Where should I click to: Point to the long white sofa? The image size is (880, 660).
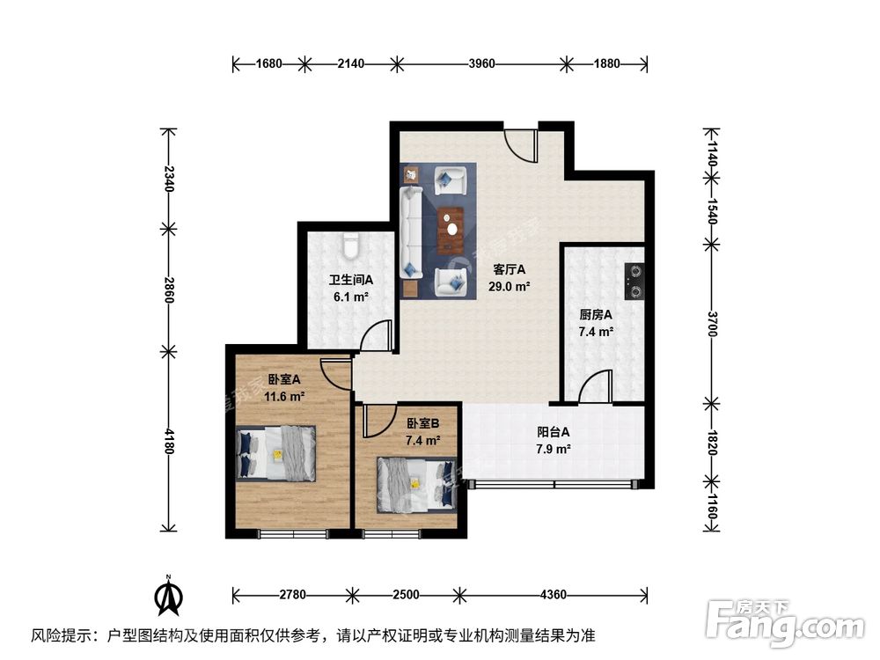pyautogui.click(x=410, y=231)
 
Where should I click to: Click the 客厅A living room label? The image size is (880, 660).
pyautogui.click(x=509, y=270)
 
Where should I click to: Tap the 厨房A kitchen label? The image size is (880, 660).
pyautogui.click(x=596, y=315)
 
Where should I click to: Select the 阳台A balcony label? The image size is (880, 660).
pyautogui.click(x=554, y=432)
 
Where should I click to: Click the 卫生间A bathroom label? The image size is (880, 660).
pyautogui.click(x=351, y=281)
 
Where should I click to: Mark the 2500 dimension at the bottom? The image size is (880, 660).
pyautogui.click(x=405, y=595)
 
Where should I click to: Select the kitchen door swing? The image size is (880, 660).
pyautogui.click(x=596, y=387)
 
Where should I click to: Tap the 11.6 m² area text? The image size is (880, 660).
pyautogui.click(x=284, y=397)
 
